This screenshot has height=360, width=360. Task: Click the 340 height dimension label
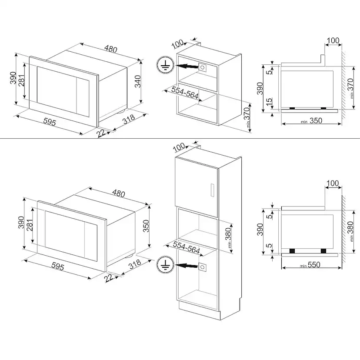(137, 81)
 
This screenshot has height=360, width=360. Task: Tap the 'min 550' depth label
(310, 265)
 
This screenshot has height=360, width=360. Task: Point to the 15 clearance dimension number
(269, 101)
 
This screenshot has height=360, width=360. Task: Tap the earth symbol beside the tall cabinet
(165, 264)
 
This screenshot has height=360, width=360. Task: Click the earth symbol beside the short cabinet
(165, 65)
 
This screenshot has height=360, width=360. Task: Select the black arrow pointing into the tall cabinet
(187, 266)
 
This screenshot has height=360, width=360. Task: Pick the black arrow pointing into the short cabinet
(187, 67)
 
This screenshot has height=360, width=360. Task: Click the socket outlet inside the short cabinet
(202, 67)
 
